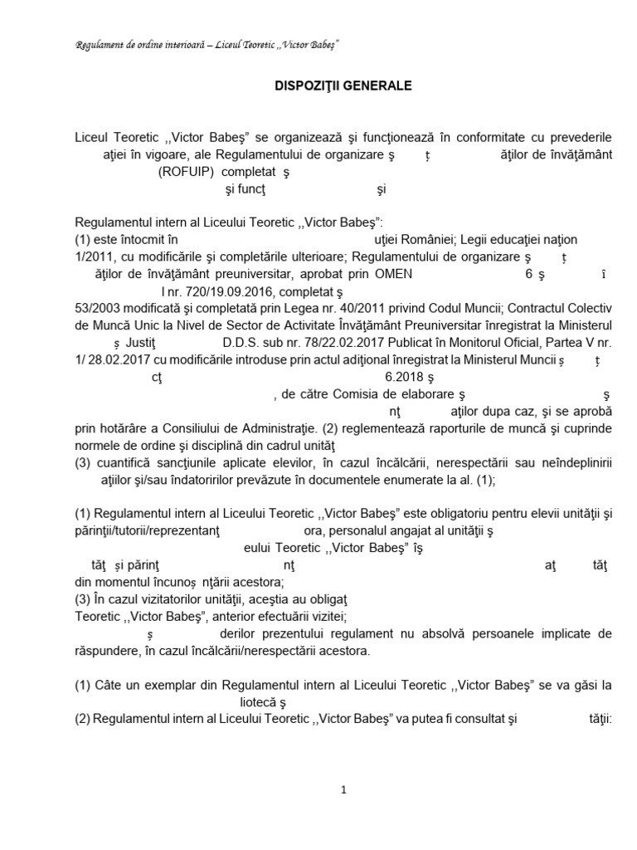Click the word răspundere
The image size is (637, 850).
point(107,652)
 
